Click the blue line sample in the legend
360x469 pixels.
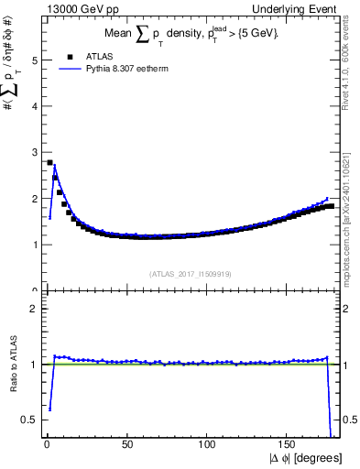click(x=60, y=68)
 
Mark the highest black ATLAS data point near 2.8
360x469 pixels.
click(x=49, y=162)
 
